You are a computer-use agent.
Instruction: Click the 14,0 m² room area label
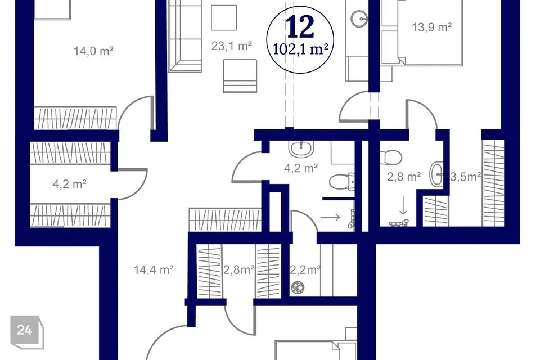(x=94, y=51)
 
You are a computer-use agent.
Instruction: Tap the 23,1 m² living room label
(x=231, y=46)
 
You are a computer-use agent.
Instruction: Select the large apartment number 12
(x=300, y=27)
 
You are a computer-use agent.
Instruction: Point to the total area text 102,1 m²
(x=300, y=49)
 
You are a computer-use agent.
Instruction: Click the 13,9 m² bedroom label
(x=432, y=27)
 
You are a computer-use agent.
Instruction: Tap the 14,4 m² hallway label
(x=154, y=269)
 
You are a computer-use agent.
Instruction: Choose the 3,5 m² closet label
(x=466, y=177)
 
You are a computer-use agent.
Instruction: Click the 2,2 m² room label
(x=305, y=270)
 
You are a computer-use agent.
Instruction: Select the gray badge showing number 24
(x=27, y=332)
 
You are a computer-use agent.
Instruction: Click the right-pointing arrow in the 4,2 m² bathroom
(x=330, y=217)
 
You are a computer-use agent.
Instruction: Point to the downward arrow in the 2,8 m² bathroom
(x=403, y=205)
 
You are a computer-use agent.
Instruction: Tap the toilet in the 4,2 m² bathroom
(x=341, y=182)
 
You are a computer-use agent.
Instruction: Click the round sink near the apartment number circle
(x=359, y=18)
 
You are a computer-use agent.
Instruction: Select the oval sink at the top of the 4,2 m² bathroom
(x=301, y=148)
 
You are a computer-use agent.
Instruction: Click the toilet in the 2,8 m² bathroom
(x=393, y=157)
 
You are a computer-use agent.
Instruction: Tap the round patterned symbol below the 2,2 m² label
(x=298, y=287)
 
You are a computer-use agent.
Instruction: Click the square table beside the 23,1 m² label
(x=224, y=17)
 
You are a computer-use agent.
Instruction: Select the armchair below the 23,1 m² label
(x=240, y=76)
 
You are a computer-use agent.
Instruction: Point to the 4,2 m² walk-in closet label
(x=69, y=184)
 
